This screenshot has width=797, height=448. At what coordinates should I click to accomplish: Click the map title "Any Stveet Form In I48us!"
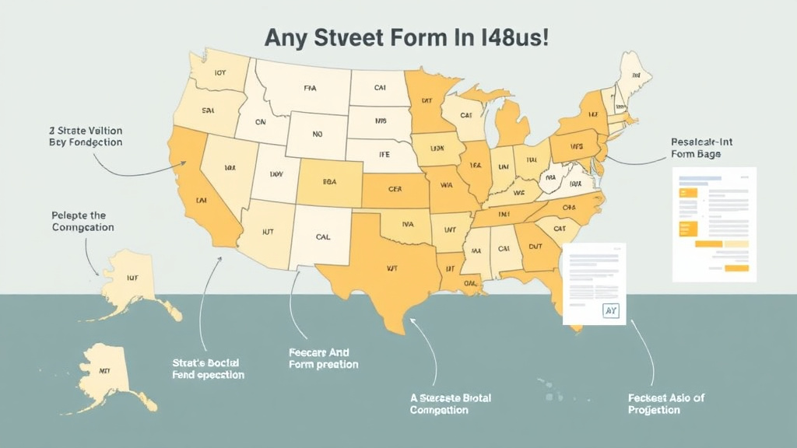pos(407,38)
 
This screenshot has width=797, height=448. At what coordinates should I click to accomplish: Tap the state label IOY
pos(220,75)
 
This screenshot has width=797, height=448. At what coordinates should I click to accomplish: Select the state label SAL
pos(208,111)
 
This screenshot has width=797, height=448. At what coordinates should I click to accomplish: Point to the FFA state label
pos(310,89)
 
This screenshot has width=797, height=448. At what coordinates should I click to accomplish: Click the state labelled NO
pos(317,134)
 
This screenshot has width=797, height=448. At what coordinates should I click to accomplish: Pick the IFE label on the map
pos(384,155)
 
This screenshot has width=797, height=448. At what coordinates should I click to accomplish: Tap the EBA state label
pos(330,181)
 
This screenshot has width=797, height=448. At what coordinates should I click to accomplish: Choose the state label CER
pos(397,188)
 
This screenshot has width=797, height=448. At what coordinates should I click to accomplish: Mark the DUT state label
pos(535,245)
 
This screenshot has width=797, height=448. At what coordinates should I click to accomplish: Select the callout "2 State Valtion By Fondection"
pos(85,137)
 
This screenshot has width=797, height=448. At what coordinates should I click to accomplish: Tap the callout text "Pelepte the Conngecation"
pos(83,221)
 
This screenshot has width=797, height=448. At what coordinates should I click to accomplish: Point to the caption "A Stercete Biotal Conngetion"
pos(451,404)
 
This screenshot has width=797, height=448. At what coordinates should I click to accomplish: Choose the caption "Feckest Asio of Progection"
pos(665,404)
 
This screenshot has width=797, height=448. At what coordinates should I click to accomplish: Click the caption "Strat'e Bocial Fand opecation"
pos(207,369)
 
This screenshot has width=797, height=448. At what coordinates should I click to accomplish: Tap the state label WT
pos(391,268)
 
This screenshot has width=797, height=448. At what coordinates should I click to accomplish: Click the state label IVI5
pos(380,121)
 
